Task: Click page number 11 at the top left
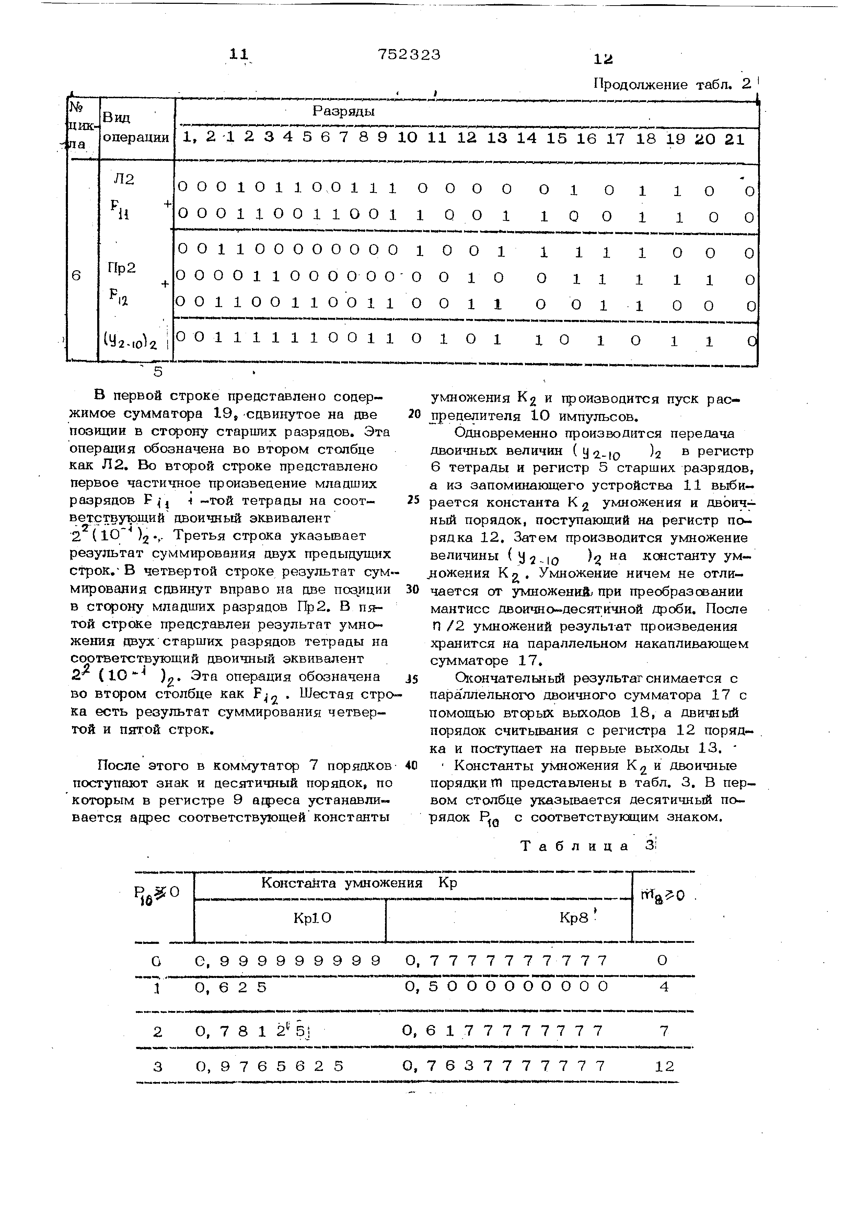(239, 55)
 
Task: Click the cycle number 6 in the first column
(77, 275)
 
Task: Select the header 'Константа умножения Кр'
(359, 883)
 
